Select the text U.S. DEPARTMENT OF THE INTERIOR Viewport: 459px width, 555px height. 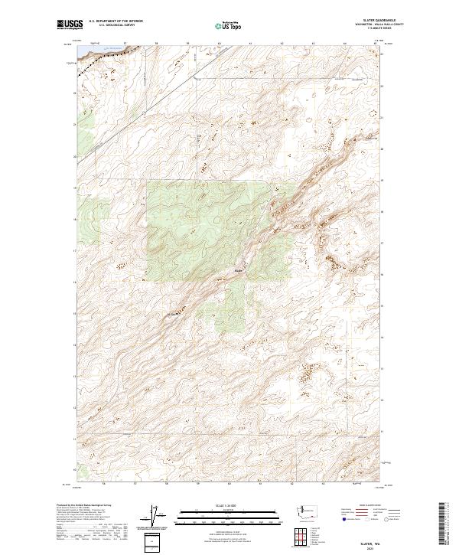[x=116, y=21]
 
